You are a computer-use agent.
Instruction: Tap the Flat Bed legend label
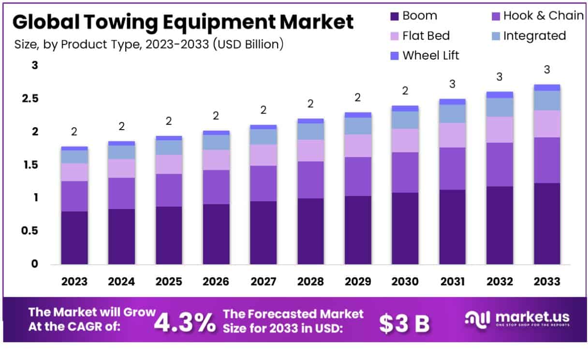point(426,36)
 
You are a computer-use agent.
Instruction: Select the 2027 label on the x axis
point(264,282)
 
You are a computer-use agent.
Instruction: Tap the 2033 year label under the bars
point(547,282)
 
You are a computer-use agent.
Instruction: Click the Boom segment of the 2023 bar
point(74,238)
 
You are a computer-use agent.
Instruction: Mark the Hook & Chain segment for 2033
point(547,160)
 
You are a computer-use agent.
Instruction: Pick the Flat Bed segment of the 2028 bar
point(311,150)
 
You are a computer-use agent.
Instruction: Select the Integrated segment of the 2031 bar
point(452,114)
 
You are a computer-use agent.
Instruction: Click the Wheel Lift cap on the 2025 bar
point(169,138)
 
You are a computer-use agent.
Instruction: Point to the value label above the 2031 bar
point(452,84)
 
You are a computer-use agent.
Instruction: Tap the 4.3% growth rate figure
point(185,323)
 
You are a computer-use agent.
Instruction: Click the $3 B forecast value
point(404,323)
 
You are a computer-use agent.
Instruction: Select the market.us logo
point(517,319)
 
